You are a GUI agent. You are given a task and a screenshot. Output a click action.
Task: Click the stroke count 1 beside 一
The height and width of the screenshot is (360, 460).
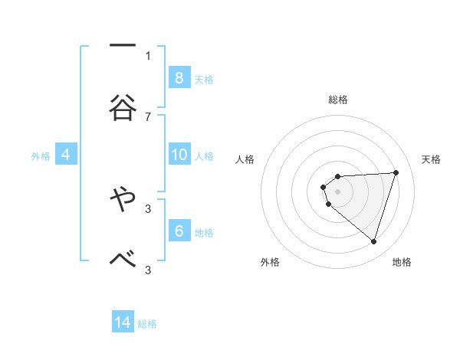point(148,55)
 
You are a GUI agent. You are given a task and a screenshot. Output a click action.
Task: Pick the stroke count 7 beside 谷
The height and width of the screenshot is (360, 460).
point(148,116)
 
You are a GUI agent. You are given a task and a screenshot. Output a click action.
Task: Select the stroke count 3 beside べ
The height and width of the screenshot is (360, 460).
point(148,270)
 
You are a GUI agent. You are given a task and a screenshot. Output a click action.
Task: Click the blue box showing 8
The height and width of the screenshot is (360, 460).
point(179,77)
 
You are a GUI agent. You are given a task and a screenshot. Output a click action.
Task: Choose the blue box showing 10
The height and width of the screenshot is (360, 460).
point(179,155)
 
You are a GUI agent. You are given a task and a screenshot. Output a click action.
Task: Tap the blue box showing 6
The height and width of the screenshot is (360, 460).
point(179,231)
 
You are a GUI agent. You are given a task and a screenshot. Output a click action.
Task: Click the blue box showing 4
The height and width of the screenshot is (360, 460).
point(66,155)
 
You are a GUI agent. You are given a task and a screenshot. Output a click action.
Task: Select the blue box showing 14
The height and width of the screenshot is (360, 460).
point(123,322)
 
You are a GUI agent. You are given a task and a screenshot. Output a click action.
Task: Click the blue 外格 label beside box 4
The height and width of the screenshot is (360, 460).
point(41,156)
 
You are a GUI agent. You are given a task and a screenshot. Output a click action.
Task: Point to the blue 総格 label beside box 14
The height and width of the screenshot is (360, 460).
point(147,324)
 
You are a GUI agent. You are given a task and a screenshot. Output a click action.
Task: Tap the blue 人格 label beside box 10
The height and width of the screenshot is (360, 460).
point(204,156)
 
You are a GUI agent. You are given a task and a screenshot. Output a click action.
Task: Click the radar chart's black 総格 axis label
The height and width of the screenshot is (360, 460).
point(338,100)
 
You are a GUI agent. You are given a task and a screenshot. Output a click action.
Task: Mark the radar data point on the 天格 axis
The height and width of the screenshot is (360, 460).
point(396,172)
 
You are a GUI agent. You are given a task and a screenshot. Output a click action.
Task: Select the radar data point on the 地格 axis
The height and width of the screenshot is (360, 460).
point(373,241)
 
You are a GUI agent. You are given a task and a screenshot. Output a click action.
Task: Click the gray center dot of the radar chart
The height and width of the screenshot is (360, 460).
point(338,191)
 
